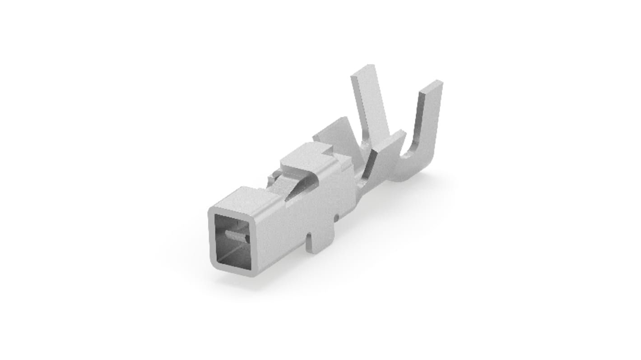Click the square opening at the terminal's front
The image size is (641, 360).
(233, 240)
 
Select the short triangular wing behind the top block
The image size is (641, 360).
(334, 133)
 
